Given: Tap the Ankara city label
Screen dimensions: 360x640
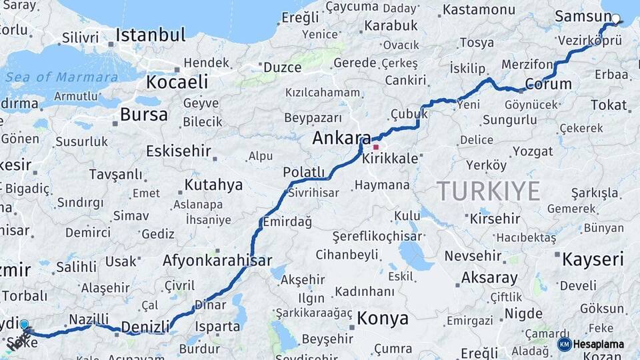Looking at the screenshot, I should (341, 139).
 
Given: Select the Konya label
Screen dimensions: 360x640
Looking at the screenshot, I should (382, 318).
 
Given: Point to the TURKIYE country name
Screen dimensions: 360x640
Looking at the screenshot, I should (489, 191).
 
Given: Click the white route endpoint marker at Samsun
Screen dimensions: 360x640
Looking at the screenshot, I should (615, 19).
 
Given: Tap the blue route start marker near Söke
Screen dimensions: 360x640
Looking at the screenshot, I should (25, 325).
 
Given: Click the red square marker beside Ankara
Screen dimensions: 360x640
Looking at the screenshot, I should (376, 147).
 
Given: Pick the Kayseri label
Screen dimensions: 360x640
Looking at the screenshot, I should (593, 259).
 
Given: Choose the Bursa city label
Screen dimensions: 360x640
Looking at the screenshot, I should (143, 115).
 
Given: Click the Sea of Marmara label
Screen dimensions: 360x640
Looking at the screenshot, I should (61, 77).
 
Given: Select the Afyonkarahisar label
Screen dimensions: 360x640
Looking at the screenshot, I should (217, 261).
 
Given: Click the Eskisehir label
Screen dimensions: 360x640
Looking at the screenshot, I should (179, 151).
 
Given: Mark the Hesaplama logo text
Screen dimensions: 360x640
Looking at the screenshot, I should (599, 344).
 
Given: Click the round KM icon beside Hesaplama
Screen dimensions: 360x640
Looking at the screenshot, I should (564, 344).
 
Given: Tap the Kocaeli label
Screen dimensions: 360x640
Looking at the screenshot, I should (177, 83).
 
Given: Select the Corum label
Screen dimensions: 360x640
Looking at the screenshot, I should (548, 85).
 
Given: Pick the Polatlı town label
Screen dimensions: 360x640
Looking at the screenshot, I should (303, 173).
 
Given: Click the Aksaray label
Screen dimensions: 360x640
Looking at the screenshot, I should (489, 278).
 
